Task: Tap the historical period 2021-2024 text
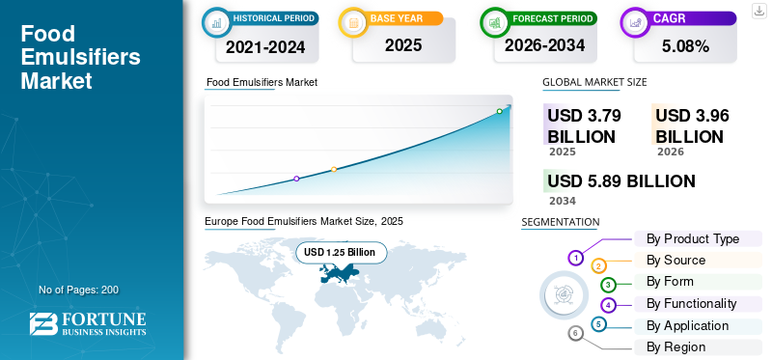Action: point(265,45)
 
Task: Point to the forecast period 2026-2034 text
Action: point(545,45)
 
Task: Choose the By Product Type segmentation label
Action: point(692,238)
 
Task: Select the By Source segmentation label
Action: point(675,260)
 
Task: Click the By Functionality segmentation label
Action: point(691,303)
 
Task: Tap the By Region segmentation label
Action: point(675,346)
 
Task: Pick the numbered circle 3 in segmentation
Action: point(608,285)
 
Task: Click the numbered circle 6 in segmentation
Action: point(576,333)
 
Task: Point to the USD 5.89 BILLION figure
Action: point(620,181)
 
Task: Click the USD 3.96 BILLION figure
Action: point(692,125)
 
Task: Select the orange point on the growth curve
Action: point(334,170)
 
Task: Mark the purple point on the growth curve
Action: point(296,179)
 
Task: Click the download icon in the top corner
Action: point(758,10)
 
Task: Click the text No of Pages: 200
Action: point(78,290)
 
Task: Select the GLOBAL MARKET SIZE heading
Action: point(594,82)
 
